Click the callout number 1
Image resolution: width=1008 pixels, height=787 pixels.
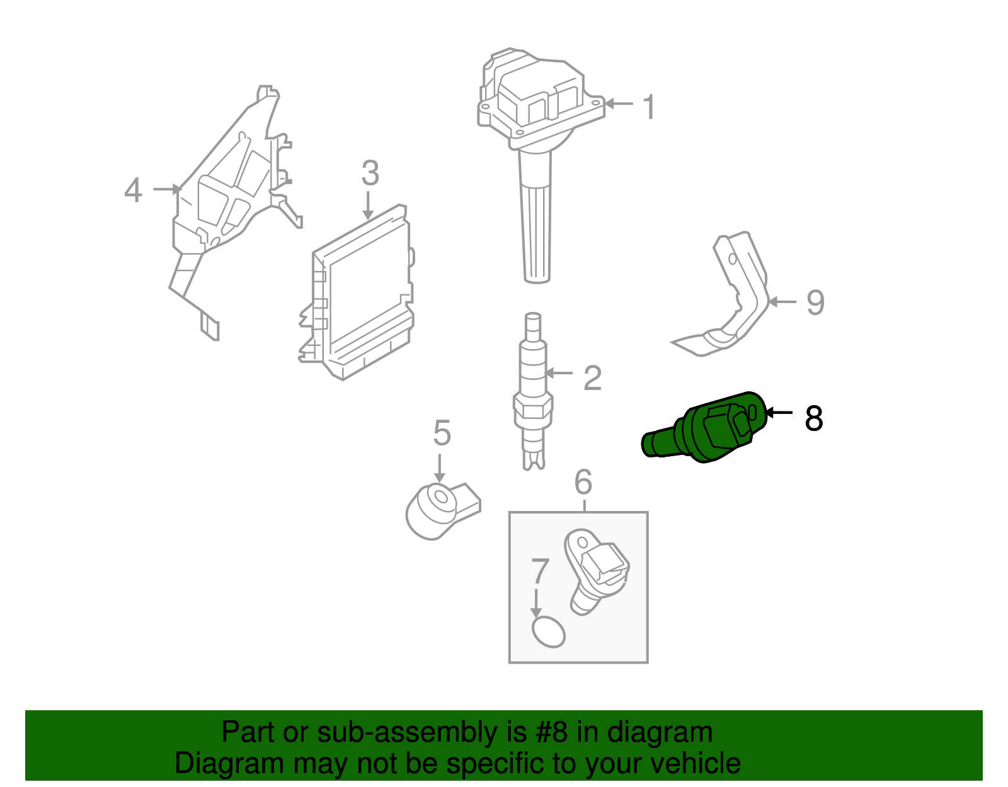point(650,106)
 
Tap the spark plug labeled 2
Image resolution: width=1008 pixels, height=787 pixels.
point(533,391)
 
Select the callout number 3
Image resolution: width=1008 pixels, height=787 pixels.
point(370,173)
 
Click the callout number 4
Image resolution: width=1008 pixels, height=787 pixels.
point(133,190)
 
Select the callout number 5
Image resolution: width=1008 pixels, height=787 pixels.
point(442,434)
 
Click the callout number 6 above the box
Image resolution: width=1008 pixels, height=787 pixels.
point(583,482)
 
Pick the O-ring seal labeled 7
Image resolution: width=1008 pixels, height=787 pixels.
point(548,632)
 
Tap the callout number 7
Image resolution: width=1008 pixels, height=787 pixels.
point(540,572)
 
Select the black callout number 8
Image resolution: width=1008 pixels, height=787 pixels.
point(813,418)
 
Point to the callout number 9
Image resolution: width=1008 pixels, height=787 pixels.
point(815,303)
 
